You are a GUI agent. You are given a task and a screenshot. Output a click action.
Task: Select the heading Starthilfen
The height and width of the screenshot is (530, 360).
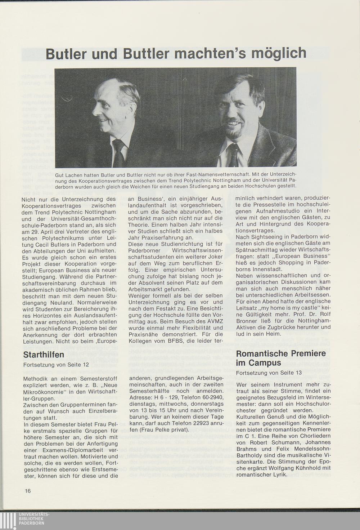(44, 355)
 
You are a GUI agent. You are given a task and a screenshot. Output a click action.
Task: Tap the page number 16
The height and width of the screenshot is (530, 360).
(28, 491)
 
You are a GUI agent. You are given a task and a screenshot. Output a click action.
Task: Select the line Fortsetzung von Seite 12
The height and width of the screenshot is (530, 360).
(56, 365)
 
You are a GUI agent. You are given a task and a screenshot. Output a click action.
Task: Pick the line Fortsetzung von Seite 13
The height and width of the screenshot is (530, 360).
(269, 373)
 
